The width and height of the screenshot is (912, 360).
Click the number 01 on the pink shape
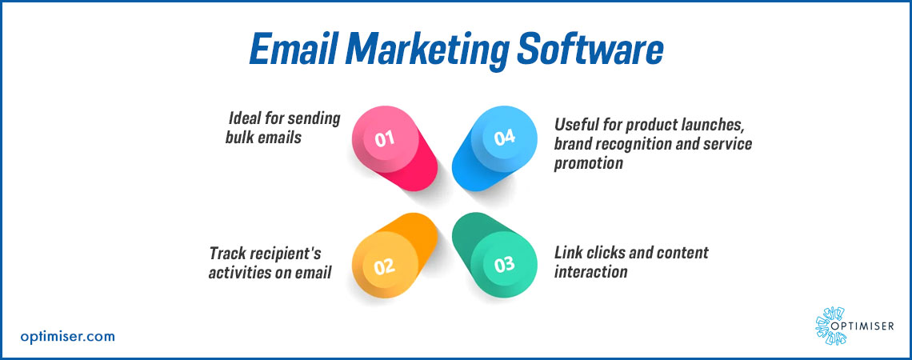tap(385, 139)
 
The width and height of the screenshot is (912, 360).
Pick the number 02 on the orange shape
tap(385, 267)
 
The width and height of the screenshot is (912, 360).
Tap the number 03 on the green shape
tap(504, 265)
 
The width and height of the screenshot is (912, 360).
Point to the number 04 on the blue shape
tap(504, 138)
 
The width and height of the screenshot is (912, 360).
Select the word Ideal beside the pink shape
tap(246, 118)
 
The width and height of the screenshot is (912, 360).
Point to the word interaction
tap(591, 271)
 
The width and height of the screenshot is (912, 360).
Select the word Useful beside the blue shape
tap(576, 124)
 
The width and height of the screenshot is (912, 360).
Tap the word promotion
tap(589, 164)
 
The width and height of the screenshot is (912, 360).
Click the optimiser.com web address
tap(67, 336)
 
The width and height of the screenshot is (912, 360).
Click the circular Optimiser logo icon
tap(830, 326)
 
